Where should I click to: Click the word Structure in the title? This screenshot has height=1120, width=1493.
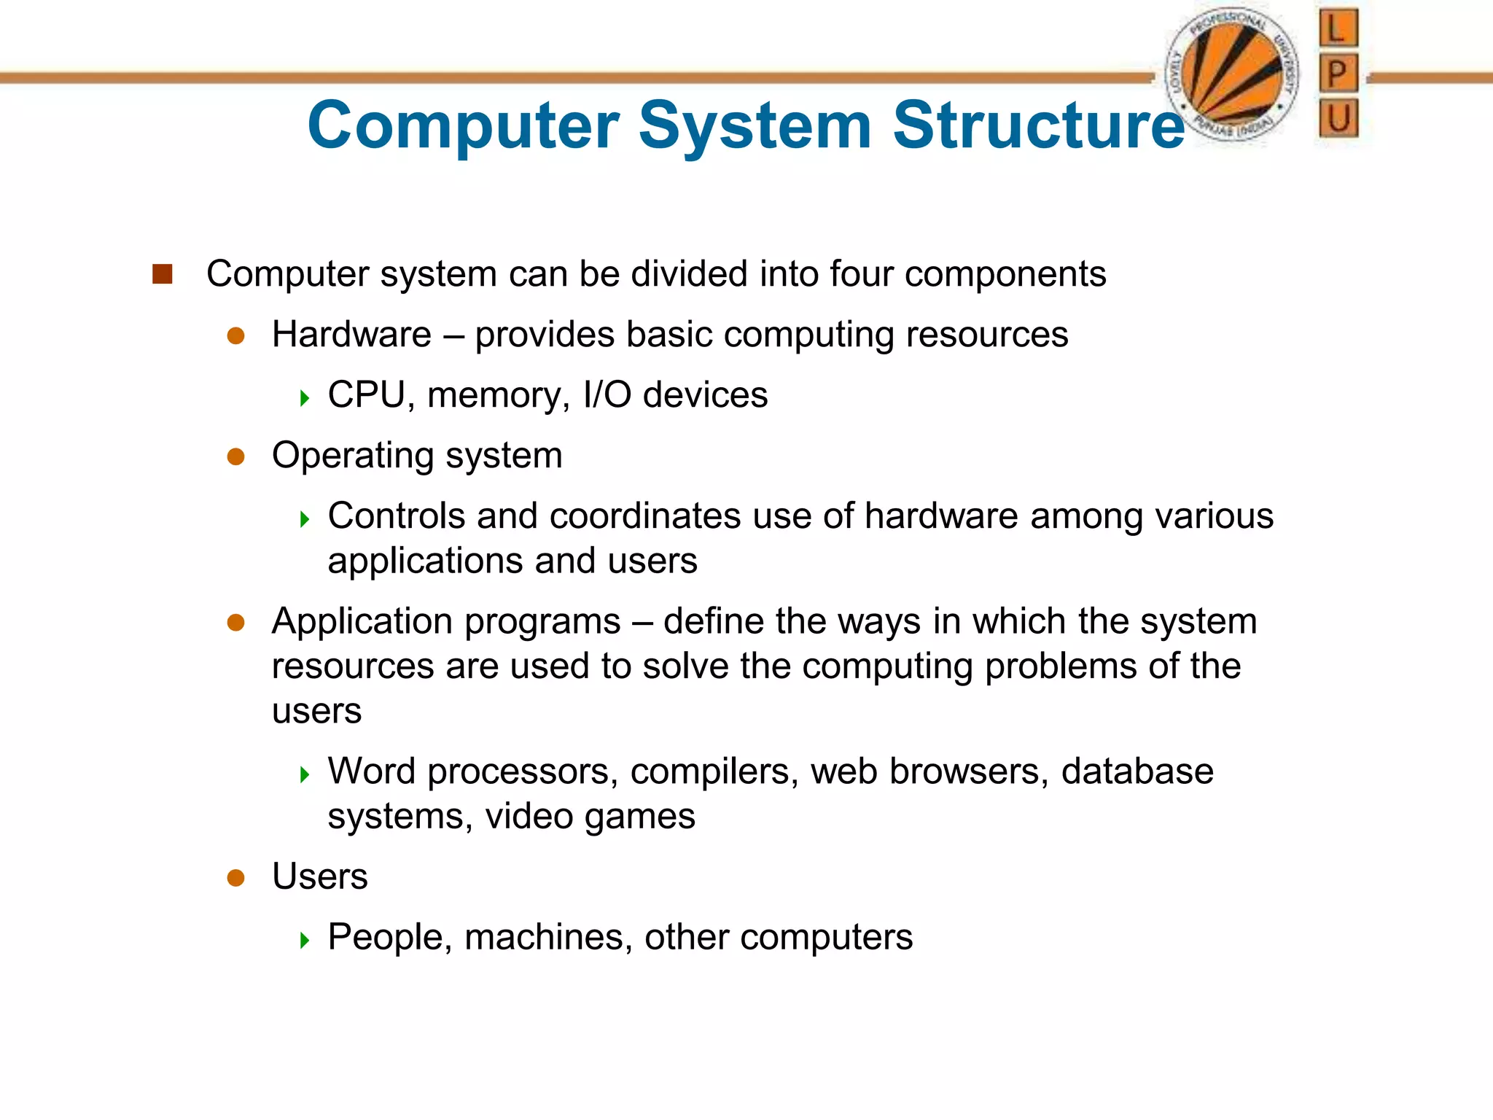1038,125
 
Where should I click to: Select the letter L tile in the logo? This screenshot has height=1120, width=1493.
1338,29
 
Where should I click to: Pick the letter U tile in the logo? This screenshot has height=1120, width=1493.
1338,118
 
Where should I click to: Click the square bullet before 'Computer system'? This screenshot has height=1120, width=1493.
162,274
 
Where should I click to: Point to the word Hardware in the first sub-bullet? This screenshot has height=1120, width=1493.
351,335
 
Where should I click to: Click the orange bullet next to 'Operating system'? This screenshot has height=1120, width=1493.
235,456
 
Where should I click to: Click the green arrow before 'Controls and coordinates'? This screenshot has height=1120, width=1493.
305,519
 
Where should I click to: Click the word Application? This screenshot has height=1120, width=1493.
373,622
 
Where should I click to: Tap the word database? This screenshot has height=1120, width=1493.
1137,771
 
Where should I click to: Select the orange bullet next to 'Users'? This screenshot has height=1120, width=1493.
235,877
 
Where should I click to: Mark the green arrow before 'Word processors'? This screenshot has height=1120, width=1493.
305,774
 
